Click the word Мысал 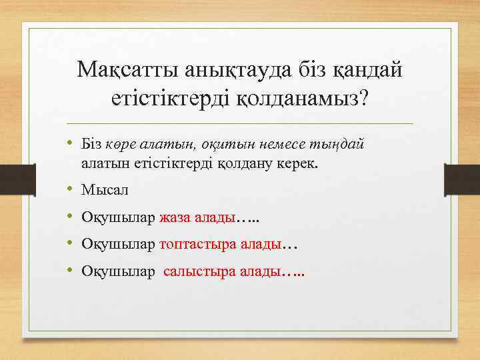105,190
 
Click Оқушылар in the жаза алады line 118,217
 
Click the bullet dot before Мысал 70,190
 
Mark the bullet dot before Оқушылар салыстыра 70,272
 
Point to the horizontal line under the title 240,123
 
